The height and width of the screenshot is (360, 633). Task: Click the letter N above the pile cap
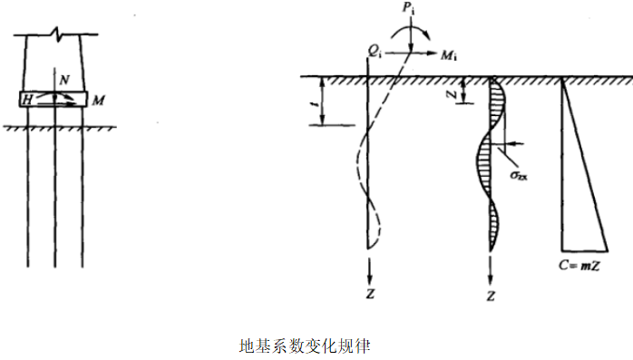tap(62, 80)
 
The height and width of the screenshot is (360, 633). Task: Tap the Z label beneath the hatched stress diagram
tap(491, 296)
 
